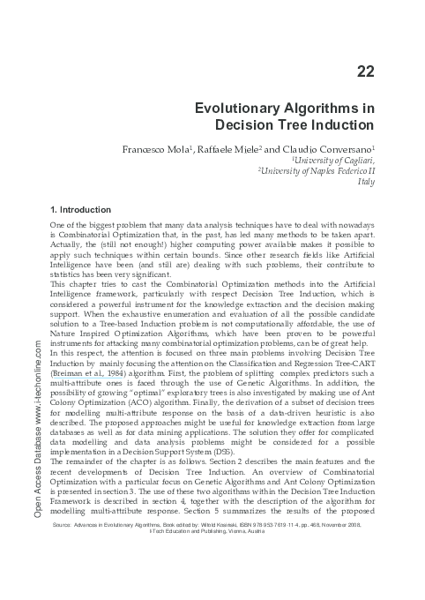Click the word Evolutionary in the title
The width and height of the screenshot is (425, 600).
pyautogui.click(x=249, y=108)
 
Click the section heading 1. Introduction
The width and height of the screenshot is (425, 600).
pyautogui.click(x=81, y=210)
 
